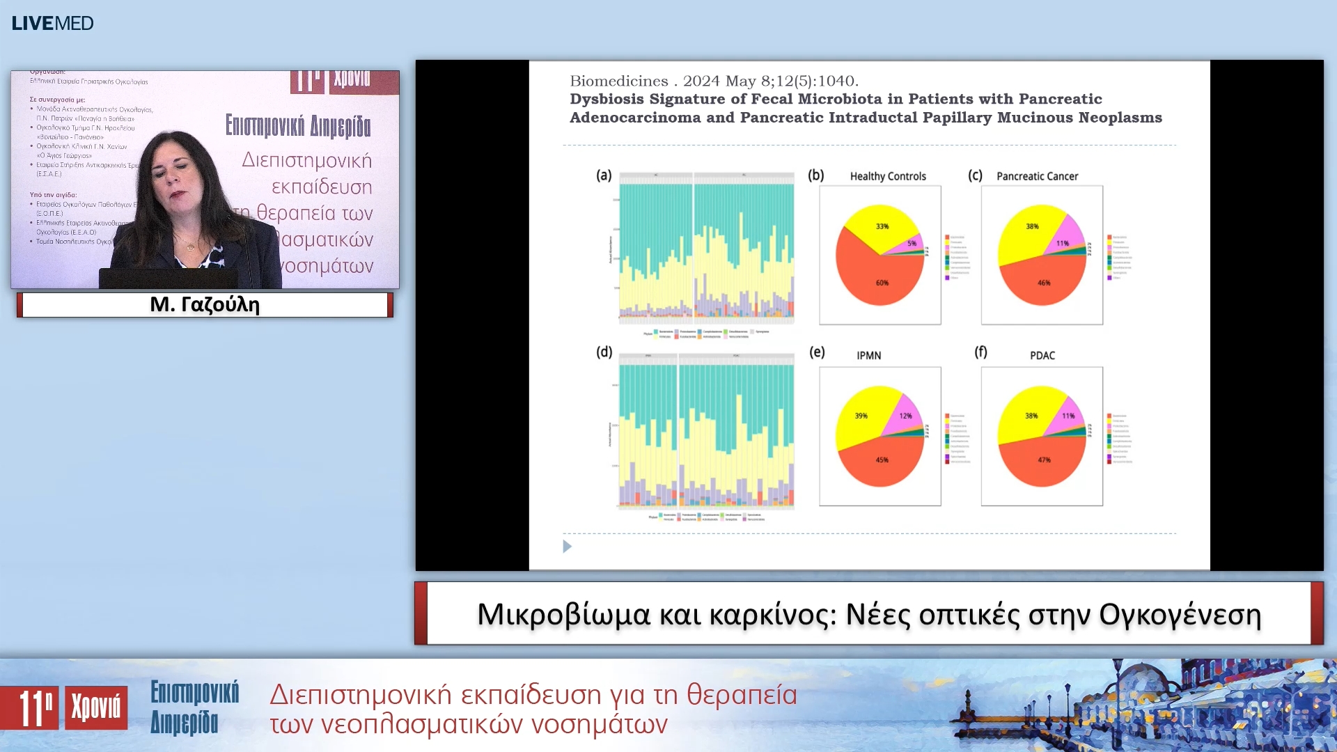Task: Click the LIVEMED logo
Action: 52,23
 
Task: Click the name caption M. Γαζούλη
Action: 205,304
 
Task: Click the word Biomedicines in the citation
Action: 618,81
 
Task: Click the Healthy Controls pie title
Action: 887,176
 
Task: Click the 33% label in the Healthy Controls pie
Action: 882,226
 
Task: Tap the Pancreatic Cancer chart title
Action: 1037,176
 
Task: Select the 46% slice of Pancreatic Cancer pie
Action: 1043,283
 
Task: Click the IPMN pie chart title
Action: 868,355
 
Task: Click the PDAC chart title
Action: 1042,355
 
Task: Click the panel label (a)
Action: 604,175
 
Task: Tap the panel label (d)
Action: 604,352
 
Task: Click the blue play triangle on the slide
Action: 567,547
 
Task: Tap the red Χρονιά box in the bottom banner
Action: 96,707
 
